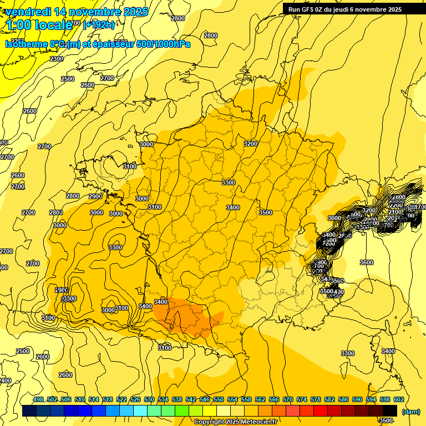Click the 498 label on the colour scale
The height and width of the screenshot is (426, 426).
(x=38, y=399)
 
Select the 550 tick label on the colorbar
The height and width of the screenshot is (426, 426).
(x=219, y=399)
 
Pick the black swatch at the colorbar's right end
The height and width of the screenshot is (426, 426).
(x=390, y=410)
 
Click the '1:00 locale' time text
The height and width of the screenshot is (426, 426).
(x=37, y=24)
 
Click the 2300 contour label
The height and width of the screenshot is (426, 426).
(x=57, y=58)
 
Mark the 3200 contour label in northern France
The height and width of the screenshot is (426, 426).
(x=251, y=144)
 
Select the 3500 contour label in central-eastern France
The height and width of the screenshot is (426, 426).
(x=266, y=212)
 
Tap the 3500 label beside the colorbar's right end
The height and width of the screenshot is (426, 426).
(x=386, y=420)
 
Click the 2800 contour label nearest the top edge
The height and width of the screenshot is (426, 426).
(x=178, y=18)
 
